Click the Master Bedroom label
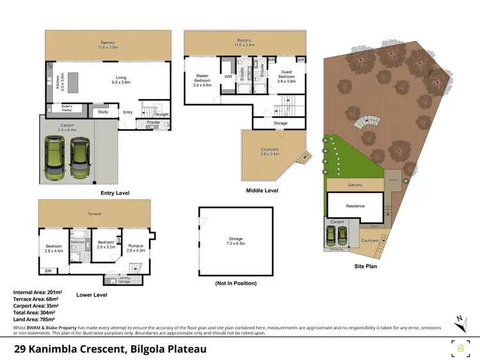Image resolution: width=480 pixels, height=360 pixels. (202, 78)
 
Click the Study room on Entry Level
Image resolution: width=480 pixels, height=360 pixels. (103, 113)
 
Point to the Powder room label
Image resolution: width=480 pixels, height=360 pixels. (154, 122)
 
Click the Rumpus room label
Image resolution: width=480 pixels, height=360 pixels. (135, 246)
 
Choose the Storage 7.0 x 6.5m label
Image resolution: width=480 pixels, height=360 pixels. (236, 240)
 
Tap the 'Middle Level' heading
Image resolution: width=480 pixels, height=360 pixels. (262, 190)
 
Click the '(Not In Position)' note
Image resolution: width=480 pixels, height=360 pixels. (236, 283)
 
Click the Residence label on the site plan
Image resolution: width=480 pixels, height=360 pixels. (355, 206)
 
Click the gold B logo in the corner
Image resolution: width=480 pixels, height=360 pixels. (461, 348)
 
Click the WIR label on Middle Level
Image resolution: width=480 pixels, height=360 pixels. (228, 76)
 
